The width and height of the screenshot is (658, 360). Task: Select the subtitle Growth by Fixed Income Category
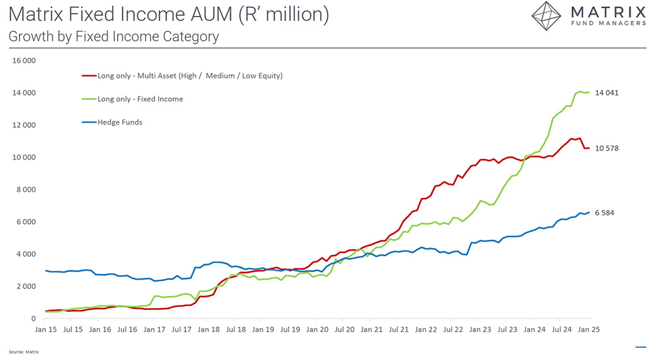[x=114, y=36]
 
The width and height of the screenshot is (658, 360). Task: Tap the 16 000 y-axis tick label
[x=25, y=61]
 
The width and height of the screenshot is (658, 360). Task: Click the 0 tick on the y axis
[x=33, y=318]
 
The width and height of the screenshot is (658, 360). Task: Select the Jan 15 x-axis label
[x=47, y=330]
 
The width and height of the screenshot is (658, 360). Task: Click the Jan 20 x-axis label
[x=318, y=330]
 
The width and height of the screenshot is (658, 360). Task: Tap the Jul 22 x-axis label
[x=453, y=330]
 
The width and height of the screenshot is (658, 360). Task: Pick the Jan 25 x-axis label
[x=589, y=330]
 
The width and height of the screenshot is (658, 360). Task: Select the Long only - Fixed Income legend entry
[x=140, y=99]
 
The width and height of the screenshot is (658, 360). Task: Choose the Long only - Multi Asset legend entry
[x=190, y=76]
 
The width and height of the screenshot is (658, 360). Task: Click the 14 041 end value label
[x=606, y=93]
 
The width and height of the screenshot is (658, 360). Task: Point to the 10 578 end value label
[x=606, y=148]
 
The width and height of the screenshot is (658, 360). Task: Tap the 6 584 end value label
[x=604, y=213]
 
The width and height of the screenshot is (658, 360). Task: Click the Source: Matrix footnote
[x=23, y=351]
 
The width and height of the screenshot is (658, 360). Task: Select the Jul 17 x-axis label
[x=182, y=330]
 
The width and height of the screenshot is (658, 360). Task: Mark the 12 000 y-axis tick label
[x=25, y=125]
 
